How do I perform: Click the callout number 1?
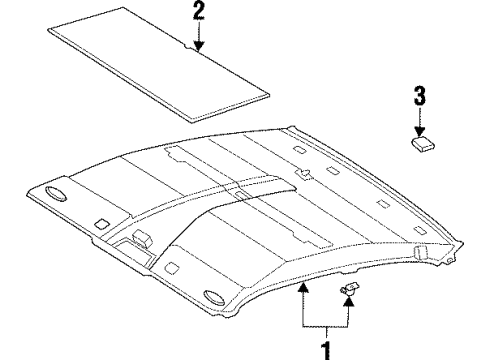[x=323, y=349]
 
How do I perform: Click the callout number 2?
[x=198, y=12]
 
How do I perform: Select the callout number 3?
[x=419, y=96]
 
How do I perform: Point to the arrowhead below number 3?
[x=420, y=127]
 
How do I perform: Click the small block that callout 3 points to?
[x=420, y=141]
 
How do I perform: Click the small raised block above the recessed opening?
[x=142, y=236]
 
